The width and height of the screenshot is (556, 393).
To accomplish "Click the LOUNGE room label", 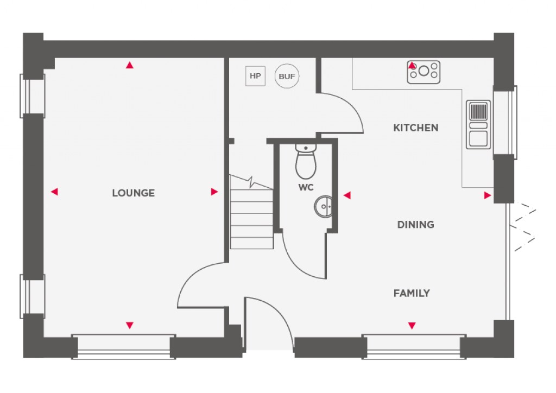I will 133,193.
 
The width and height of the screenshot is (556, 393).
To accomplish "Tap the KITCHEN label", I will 415,128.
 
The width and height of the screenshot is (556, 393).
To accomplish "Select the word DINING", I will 415,224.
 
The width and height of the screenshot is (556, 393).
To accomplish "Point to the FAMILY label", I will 412,293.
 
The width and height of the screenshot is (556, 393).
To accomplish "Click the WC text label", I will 306,187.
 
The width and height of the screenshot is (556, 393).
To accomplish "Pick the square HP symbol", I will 255,76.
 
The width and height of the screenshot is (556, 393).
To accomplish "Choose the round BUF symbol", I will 287,76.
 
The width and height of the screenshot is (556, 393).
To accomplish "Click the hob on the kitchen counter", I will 424,72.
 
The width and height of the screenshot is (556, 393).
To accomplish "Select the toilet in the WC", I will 306,162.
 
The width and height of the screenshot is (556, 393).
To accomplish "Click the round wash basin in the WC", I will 324,206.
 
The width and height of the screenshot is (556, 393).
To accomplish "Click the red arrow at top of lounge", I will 129,66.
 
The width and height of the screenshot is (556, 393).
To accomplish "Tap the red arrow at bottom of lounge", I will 129,325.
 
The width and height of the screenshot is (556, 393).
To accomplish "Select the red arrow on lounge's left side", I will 54,192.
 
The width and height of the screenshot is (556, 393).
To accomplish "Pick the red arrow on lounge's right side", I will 214,192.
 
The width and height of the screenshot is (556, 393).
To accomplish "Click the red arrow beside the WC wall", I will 347,195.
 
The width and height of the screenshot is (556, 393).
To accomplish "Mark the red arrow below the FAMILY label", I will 412,326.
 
